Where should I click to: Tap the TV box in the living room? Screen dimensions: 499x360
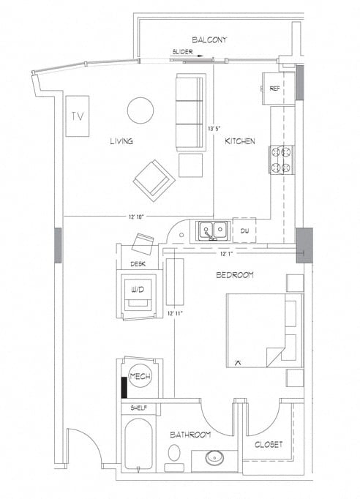(76, 116)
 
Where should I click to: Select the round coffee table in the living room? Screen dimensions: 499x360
(140, 110)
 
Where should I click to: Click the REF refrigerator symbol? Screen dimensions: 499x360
(275, 89)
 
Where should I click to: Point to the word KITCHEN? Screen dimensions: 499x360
(239, 141)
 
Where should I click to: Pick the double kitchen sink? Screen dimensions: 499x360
(212, 231)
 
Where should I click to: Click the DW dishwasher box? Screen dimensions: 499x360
(244, 231)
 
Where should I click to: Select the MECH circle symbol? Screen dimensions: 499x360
(139, 376)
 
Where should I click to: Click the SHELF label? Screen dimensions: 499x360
(138, 408)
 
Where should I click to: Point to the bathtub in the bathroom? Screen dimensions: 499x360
(139, 446)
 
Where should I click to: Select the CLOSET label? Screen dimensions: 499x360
(268, 444)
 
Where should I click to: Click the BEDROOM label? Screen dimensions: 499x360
(234, 275)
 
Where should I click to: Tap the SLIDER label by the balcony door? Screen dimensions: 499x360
(183, 52)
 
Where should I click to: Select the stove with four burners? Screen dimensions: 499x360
(282, 160)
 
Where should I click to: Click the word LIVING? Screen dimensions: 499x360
(121, 141)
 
